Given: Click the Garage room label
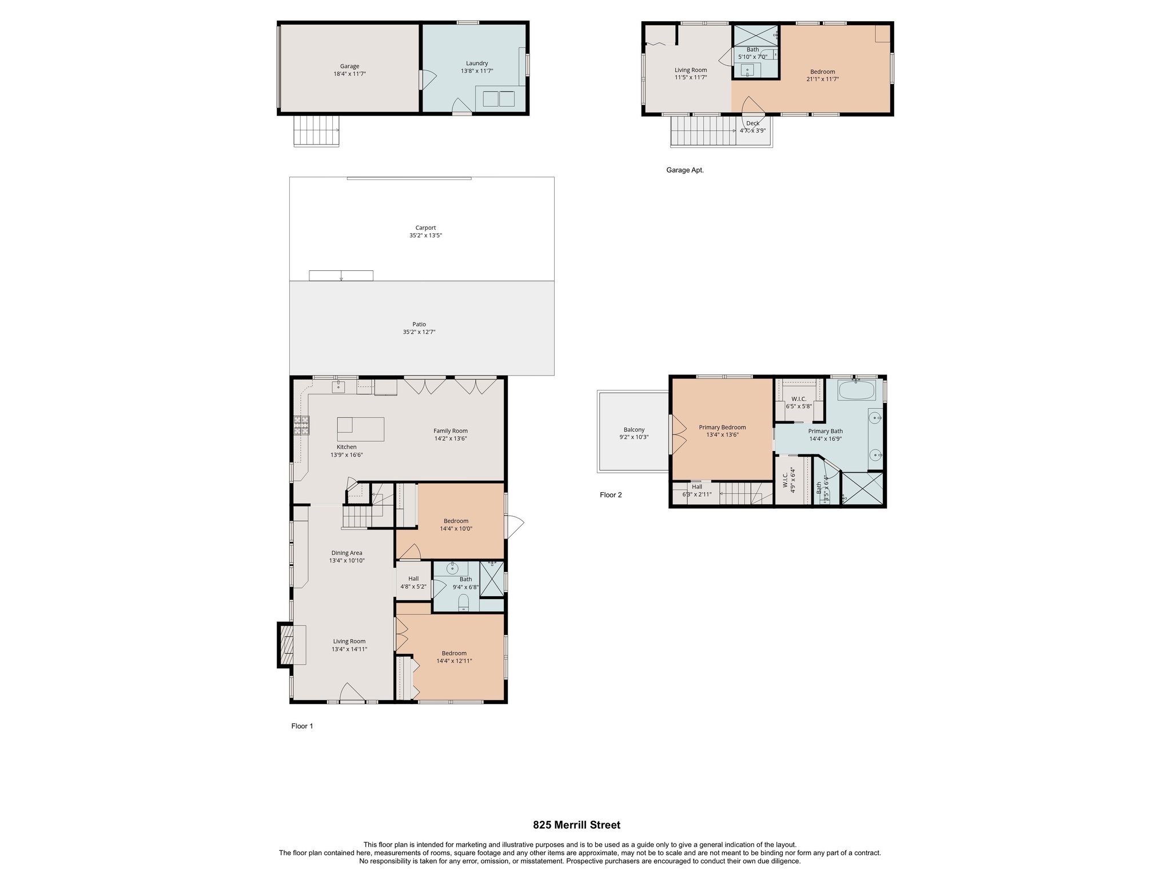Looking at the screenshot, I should tap(349, 66).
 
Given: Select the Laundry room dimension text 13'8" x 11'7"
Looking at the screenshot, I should tap(477, 71).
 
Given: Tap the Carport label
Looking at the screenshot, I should tap(425, 228).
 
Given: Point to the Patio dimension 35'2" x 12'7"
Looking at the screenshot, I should tap(419, 332).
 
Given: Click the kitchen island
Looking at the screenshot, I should tap(360, 429).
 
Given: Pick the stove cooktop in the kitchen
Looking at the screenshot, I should tap(301, 426).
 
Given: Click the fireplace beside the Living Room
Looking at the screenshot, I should tap(286, 645).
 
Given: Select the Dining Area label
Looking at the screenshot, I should tap(346, 553).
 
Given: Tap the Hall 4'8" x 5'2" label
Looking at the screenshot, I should tap(413, 579).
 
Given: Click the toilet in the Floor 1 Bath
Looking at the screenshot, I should tap(464, 602).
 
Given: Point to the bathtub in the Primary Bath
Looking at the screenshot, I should tap(856, 392).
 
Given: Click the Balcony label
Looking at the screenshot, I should tap(634, 430).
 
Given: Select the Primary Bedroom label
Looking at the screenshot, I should tap(722, 427).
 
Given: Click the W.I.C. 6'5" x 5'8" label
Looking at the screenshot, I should tap(798, 399).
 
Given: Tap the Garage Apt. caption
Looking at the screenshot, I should tap(684, 170).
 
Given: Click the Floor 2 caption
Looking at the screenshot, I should tap(610, 495).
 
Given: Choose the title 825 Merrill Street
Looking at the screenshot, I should tap(576, 825).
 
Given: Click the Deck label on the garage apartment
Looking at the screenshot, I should tap(752, 123).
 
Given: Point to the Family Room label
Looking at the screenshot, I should tap(450, 431).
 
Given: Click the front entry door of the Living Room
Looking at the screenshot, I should tap(352, 695).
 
